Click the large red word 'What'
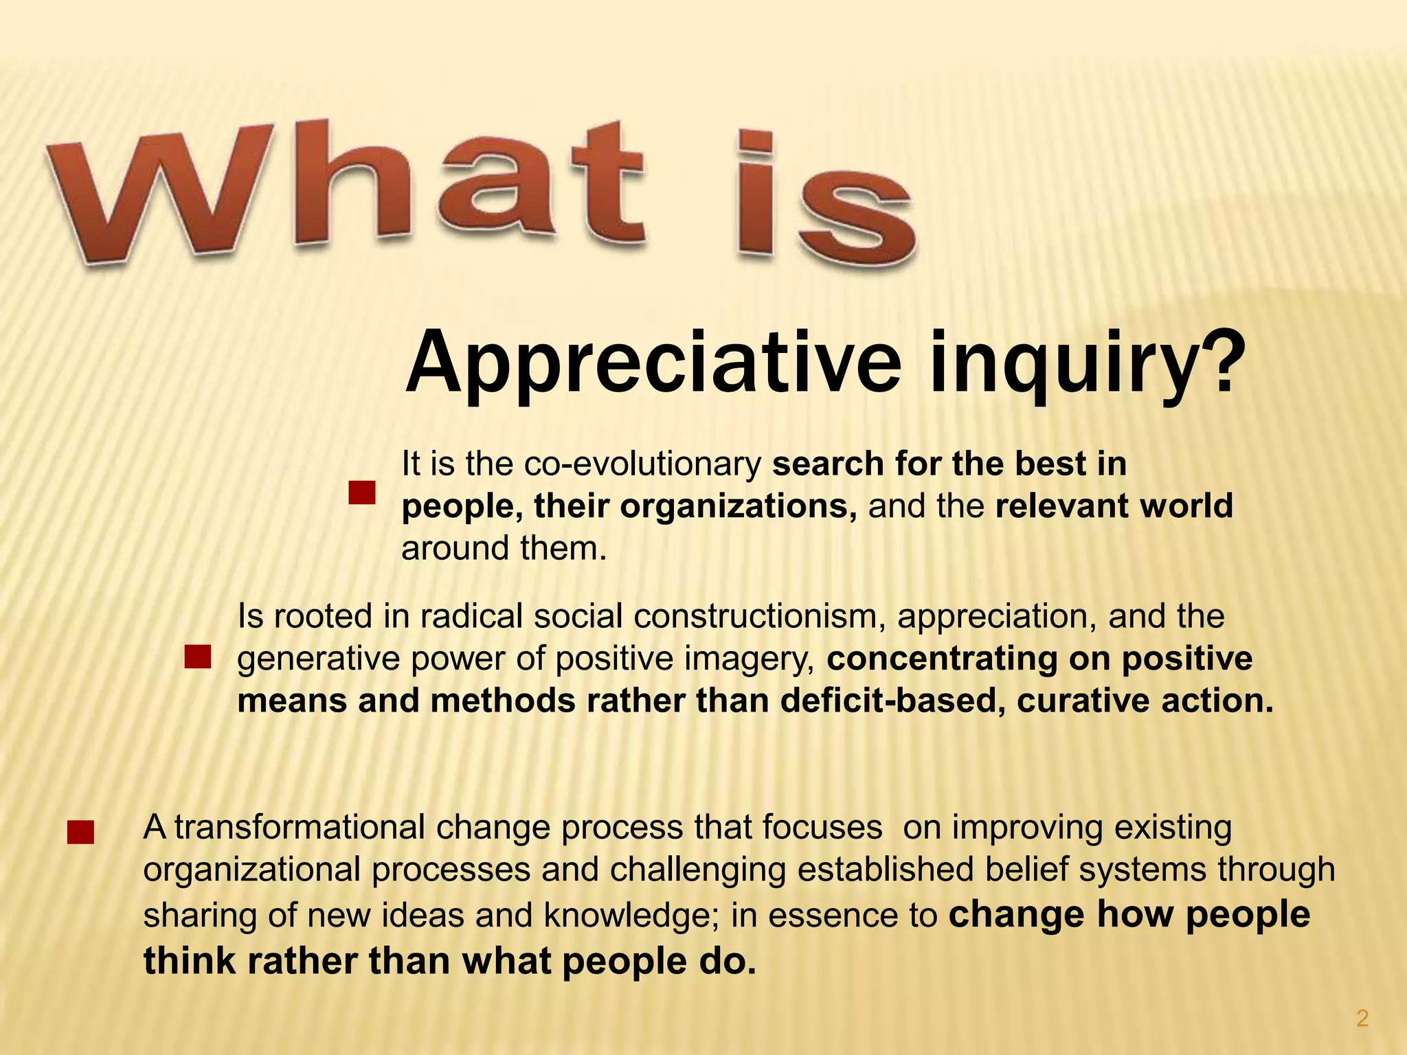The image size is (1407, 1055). click(x=344, y=189)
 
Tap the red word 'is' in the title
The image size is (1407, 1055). click(x=824, y=203)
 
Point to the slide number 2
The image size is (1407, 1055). click(x=1362, y=1019)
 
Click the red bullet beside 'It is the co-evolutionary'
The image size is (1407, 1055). click(x=361, y=492)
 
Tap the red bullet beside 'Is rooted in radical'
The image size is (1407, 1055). click(x=197, y=657)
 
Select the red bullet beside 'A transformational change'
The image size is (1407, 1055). click(x=80, y=832)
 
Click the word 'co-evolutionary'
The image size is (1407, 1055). click(x=642, y=464)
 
